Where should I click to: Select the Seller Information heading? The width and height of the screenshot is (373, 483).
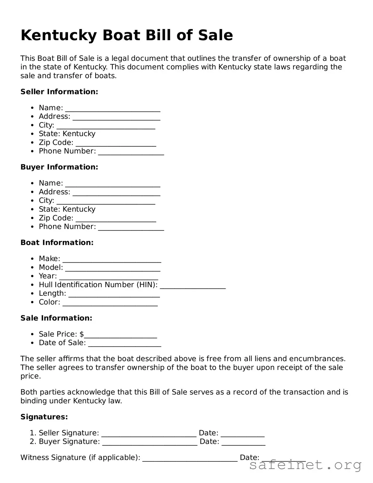pos(59,92)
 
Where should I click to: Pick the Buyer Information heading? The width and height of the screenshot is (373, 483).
pos(59,167)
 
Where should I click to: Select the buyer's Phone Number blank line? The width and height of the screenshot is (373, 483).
pos(131,228)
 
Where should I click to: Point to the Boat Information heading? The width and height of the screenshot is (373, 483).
pos(57,243)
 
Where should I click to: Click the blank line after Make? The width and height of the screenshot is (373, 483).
pos(112,260)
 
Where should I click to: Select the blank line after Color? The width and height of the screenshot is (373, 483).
pos(110,303)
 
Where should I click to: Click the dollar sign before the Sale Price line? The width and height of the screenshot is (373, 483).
pos(82,334)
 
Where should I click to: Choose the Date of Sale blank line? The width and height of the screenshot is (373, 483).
pos(124,344)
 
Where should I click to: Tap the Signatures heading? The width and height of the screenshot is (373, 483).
pos(44,417)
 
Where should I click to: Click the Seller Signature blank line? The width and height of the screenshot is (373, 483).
pos(149,435)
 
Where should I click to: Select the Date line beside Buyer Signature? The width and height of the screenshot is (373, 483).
pos(243,443)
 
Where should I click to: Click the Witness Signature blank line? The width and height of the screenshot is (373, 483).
pos(190,459)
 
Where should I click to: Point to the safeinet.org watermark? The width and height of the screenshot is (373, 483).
pos(305,465)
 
